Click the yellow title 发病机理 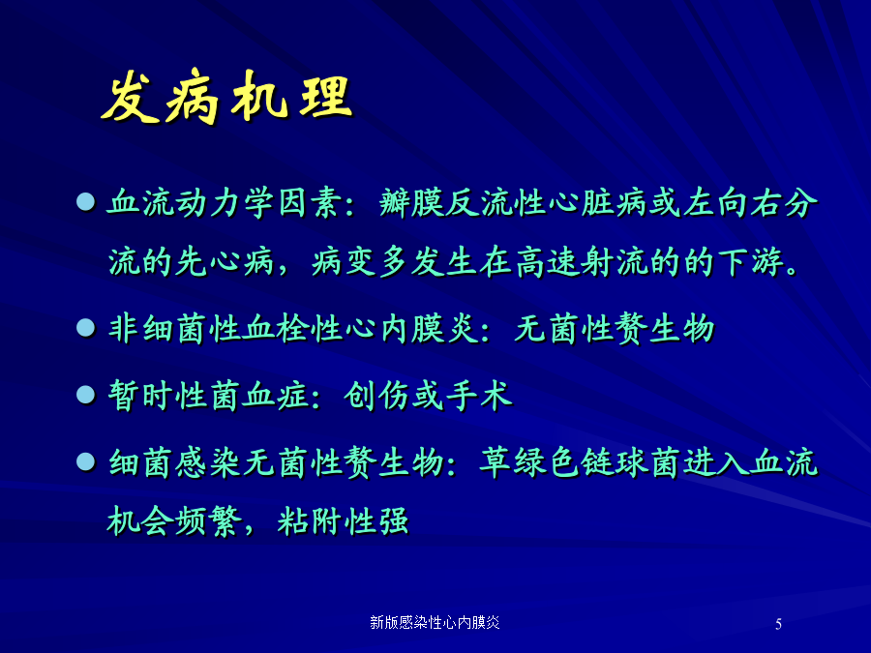(226, 96)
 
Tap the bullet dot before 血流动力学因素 (85, 201)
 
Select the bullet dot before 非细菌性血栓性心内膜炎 (85, 328)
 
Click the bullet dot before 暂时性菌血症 (85, 395)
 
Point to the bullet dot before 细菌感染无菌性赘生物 (85, 461)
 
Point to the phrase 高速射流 (582, 261)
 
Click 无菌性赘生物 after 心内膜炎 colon (615, 328)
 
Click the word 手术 (478, 396)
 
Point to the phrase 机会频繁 (174, 521)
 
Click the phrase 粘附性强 (343, 521)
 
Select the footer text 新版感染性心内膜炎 (435, 622)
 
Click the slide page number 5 (778, 624)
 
